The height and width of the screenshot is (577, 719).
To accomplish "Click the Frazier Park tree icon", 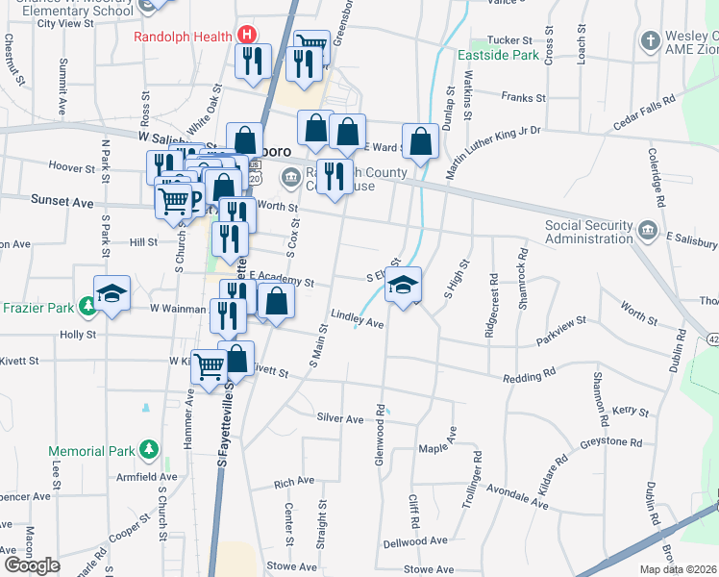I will coord(87,307).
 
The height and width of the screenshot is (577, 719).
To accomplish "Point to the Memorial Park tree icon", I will coord(149,450).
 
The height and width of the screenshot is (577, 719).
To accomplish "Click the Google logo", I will coord(32,565).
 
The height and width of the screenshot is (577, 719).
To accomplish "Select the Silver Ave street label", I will coord(340,419).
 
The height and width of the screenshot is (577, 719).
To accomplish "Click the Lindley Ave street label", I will coord(357,318).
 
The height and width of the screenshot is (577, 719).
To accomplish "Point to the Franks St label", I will coord(523,98).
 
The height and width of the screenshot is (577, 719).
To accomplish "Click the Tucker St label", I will coord(509,40).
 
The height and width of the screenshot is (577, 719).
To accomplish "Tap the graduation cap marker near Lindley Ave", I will coord(404,283).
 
